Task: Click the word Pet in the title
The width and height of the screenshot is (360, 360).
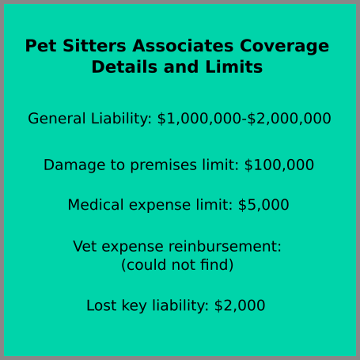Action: pos(41,46)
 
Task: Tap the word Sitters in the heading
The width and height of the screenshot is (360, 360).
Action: pos(94,46)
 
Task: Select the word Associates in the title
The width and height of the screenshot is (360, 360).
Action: pos(183,46)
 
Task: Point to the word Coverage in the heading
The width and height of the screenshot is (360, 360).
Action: pos(285,46)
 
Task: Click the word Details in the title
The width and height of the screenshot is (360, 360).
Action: pos(124,66)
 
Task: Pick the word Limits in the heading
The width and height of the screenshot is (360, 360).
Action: pos(234,66)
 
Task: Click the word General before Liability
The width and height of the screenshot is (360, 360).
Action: pos(57,118)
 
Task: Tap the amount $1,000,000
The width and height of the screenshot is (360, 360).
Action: pos(199,118)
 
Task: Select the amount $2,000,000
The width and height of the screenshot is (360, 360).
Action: pos(290,118)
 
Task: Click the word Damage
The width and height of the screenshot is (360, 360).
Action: pos(74,165)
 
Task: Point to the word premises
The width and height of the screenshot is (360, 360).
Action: pos(164,165)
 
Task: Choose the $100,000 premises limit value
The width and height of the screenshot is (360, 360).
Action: pos(279,165)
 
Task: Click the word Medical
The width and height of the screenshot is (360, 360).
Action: pos(96,205)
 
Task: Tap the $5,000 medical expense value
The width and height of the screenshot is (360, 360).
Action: pos(263,205)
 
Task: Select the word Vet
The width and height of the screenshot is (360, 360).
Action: pos(85,246)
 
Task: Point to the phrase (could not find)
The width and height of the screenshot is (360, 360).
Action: pos(177,265)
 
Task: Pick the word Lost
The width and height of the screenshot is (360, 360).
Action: pos(101,305)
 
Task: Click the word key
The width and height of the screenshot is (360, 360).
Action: pos(134,306)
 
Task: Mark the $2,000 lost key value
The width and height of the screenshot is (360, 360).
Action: pos(240,305)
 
